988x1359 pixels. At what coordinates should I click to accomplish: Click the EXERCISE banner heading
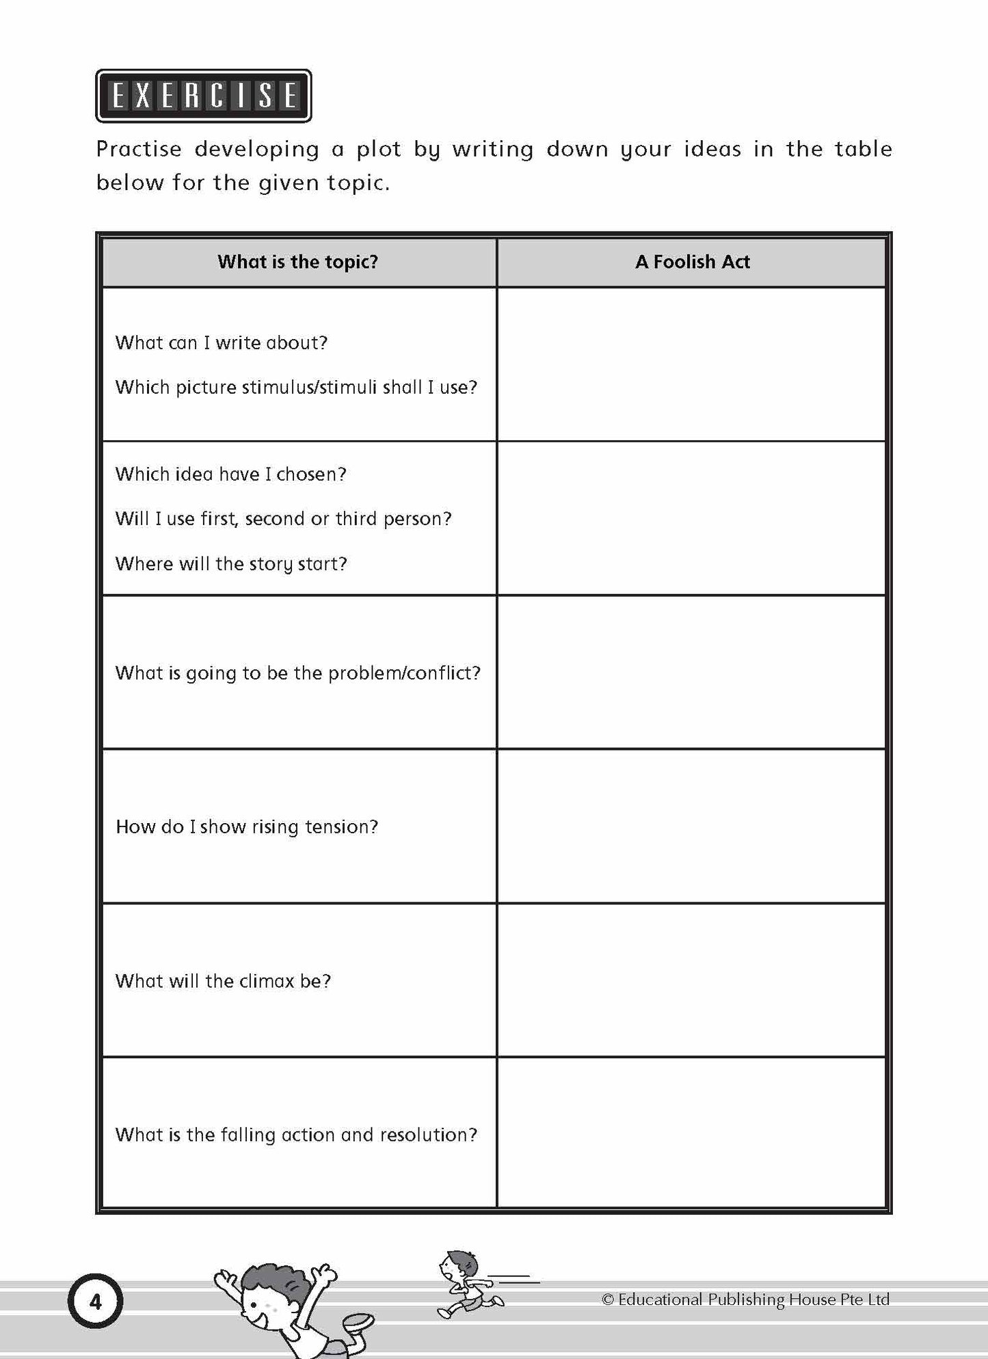click(x=203, y=96)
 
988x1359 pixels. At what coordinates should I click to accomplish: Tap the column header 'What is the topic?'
click(x=297, y=262)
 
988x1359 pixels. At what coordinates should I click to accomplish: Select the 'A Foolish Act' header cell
click(x=692, y=262)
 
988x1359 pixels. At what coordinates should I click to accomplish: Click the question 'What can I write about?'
click(x=222, y=342)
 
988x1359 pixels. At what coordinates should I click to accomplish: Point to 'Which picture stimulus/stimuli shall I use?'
click(x=296, y=388)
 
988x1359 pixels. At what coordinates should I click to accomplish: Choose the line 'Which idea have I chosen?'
click(x=231, y=474)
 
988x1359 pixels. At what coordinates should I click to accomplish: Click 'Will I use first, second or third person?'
click(x=283, y=519)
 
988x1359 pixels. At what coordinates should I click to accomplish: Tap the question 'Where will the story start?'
click(x=231, y=564)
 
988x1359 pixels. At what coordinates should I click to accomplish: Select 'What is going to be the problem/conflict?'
click(x=298, y=673)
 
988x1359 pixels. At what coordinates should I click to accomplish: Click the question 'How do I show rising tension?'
click(x=247, y=827)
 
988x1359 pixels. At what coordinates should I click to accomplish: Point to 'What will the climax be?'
click(x=223, y=982)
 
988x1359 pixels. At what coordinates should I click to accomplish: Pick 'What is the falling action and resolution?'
click(x=296, y=1135)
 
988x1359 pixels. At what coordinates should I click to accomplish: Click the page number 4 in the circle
click(x=95, y=1302)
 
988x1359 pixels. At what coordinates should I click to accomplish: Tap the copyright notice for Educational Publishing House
click(x=745, y=1300)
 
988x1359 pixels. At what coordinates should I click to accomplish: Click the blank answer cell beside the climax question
click(x=691, y=980)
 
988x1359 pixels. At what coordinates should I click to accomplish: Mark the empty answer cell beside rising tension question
click(x=691, y=826)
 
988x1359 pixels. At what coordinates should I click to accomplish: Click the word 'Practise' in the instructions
click(x=139, y=149)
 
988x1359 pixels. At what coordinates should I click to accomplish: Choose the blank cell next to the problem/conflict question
click(x=691, y=673)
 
